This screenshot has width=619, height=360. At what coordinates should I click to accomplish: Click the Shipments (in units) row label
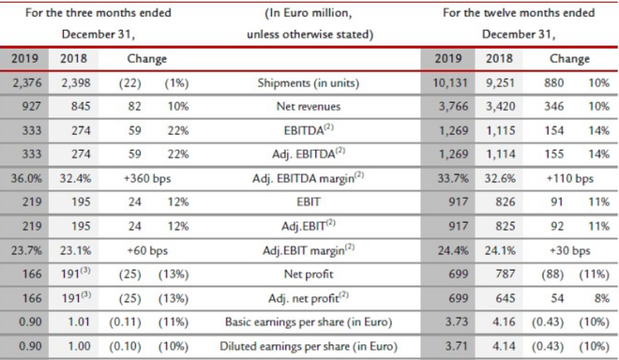click(x=309, y=83)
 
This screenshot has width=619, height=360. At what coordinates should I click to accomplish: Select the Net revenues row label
click(x=309, y=106)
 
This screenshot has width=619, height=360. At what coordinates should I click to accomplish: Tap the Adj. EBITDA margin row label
click(x=308, y=178)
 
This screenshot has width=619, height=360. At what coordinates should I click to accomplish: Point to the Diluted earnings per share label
click(x=309, y=346)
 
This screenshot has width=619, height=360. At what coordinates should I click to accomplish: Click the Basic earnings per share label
click(x=309, y=322)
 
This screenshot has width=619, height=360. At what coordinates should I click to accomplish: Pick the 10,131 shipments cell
click(x=450, y=82)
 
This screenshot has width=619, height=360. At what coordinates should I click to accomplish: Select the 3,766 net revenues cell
click(x=453, y=106)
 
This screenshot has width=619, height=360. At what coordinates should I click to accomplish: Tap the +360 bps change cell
click(x=147, y=178)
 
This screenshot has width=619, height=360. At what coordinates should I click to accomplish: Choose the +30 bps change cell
click(x=569, y=250)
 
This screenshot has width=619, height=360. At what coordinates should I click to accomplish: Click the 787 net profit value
click(x=506, y=274)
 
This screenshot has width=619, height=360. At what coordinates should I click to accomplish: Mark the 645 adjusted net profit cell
click(x=506, y=298)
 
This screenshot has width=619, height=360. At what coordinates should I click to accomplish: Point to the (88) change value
click(x=552, y=275)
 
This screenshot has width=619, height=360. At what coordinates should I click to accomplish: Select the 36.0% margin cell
click(x=26, y=178)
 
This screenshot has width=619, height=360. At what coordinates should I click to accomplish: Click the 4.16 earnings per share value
click(x=504, y=322)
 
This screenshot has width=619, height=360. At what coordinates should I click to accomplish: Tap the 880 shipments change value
click(x=554, y=82)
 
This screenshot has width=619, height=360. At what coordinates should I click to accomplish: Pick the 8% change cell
click(x=601, y=298)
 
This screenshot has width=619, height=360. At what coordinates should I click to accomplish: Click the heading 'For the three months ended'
click(x=98, y=12)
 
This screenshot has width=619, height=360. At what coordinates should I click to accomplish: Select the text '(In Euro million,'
click(x=309, y=13)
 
